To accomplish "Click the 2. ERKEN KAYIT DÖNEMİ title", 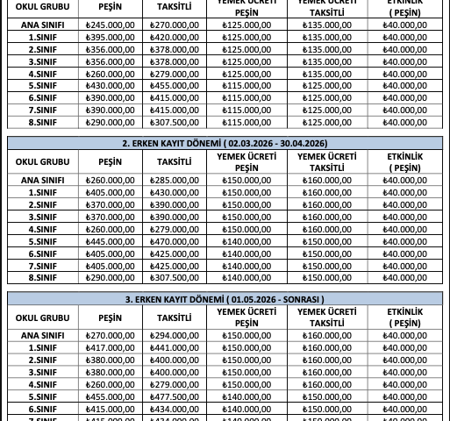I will (x=225, y=143).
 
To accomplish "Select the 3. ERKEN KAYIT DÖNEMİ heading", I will (x=225, y=298).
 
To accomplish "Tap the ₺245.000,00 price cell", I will (x=110, y=25).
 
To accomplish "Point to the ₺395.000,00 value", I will (x=110, y=38).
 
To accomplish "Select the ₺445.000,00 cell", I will (x=110, y=241).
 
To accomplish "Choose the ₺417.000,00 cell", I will (x=110, y=347).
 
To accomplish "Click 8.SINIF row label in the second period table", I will (x=42, y=278).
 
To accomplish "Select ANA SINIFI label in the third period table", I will (x=42, y=335).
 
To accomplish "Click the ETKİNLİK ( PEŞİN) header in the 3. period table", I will (x=404, y=317).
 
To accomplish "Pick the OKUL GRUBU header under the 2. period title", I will (x=42, y=161).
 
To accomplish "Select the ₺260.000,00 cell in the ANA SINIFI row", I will (x=110, y=180).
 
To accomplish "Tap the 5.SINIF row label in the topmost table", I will (x=42, y=86).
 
